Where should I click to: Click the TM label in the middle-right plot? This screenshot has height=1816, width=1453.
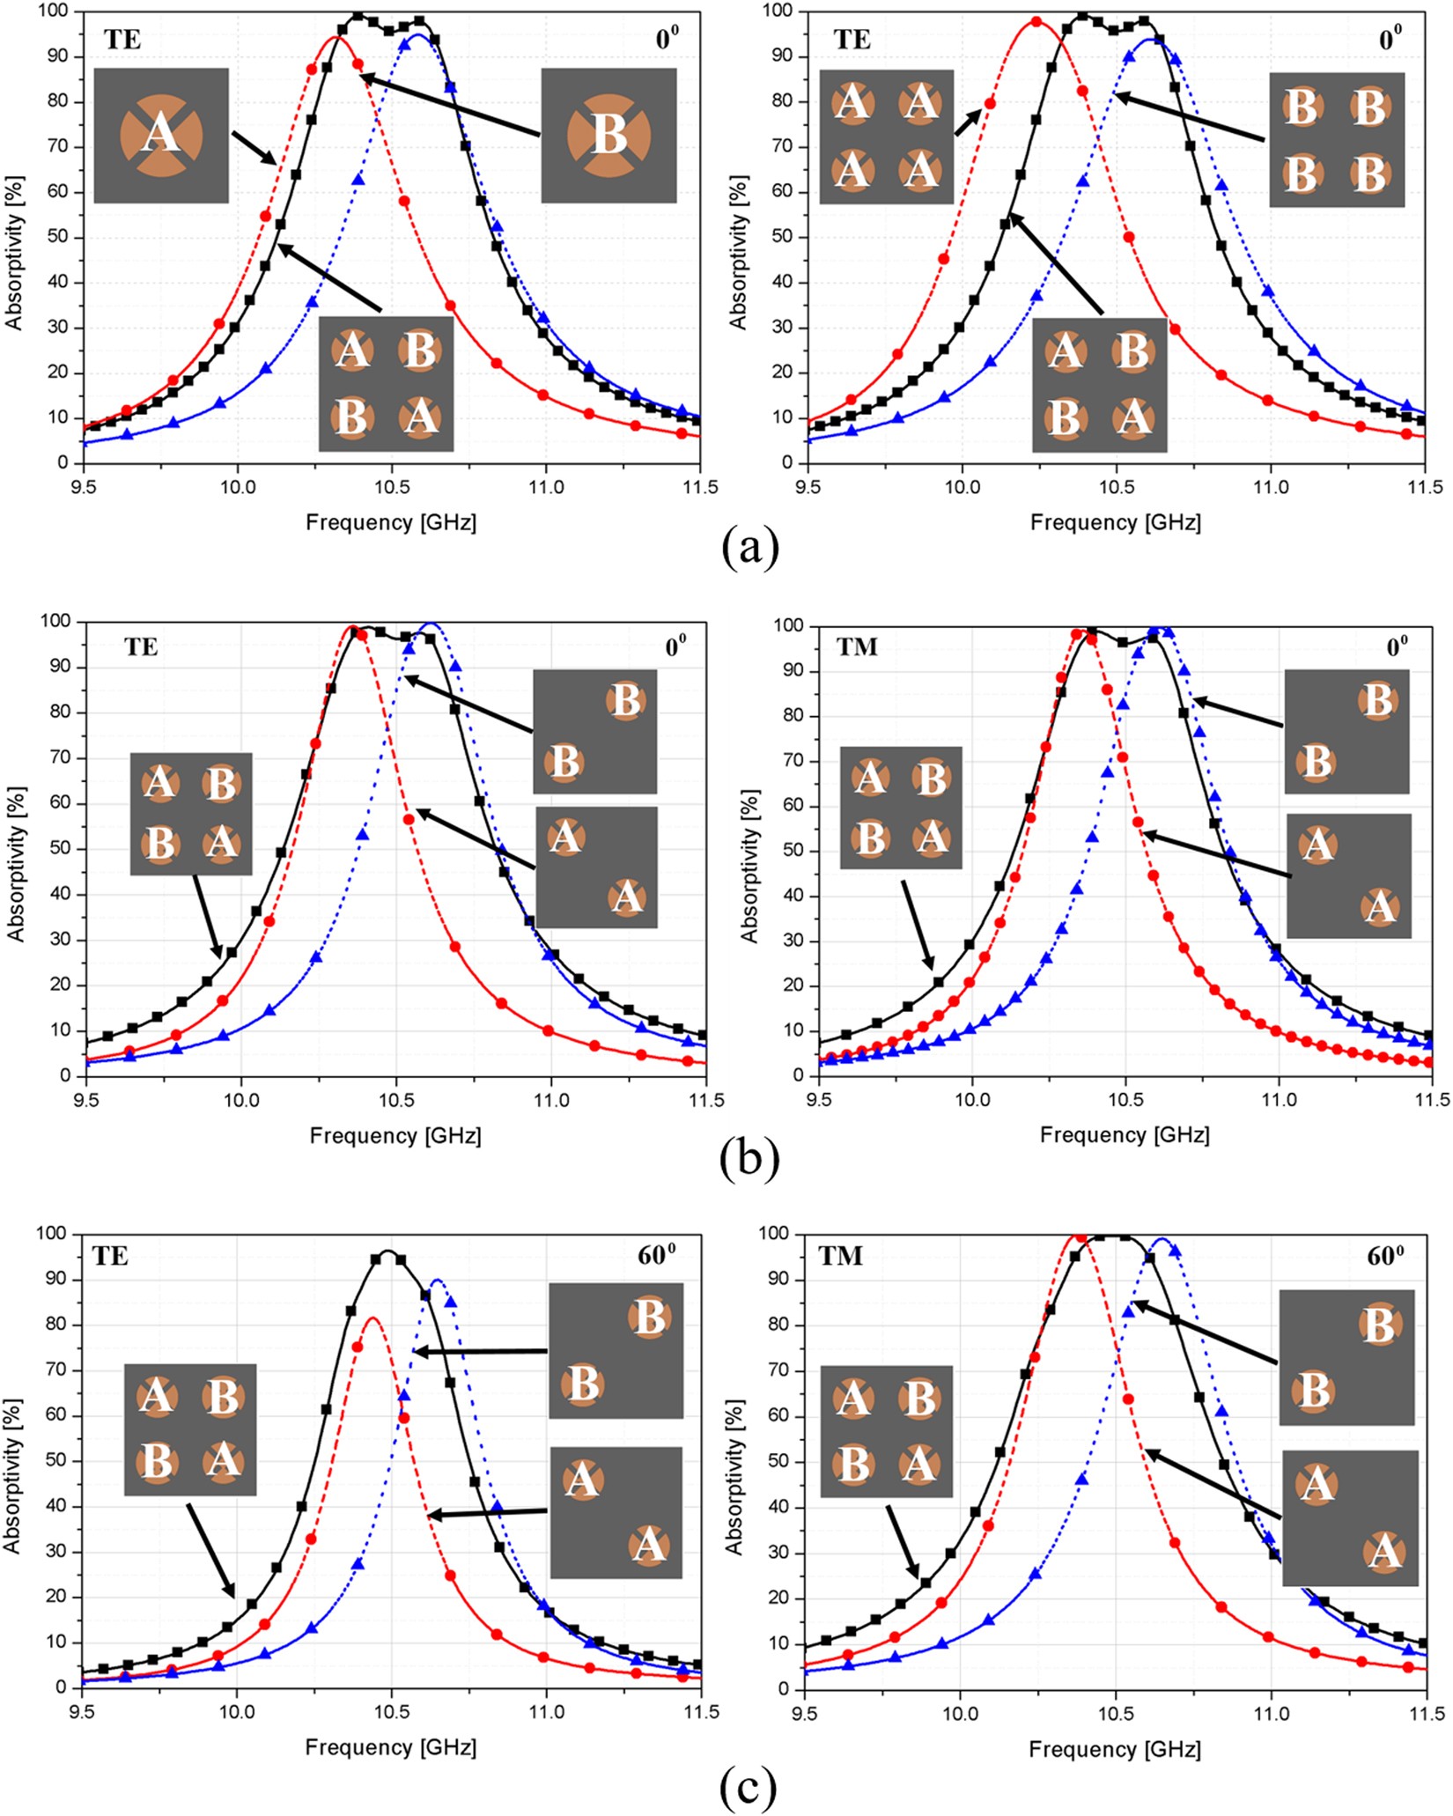tap(857, 647)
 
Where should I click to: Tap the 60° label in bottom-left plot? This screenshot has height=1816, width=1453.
tap(655, 1255)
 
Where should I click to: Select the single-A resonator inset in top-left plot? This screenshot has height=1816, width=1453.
tap(161, 136)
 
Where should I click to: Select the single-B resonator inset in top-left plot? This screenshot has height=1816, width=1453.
tap(608, 136)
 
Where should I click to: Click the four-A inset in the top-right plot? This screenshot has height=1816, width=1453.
tap(886, 137)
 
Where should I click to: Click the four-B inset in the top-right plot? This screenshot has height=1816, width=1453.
tap(1336, 140)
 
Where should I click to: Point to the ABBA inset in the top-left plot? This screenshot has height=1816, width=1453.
tap(386, 384)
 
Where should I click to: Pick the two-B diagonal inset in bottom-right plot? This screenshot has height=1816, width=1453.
tap(1346, 1357)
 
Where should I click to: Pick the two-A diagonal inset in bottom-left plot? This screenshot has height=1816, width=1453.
tap(616, 1512)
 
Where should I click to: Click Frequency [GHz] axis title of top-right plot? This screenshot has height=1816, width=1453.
tap(1115, 522)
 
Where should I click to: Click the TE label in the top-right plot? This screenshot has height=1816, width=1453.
tap(852, 39)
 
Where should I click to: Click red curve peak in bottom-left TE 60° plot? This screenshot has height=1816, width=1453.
tap(372, 1318)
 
